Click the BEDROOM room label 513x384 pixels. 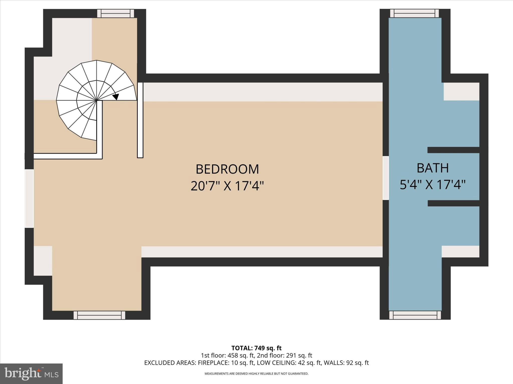(x=227, y=169)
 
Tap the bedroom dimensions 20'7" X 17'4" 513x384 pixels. (x=227, y=186)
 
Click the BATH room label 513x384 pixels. (x=433, y=168)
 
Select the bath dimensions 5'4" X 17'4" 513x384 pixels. (x=433, y=185)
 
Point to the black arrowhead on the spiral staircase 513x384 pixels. (x=116, y=96)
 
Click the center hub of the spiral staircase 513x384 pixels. (x=96, y=100)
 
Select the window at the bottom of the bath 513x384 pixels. (x=415, y=315)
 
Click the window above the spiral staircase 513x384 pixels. (x=115, y=13)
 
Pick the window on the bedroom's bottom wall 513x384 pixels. (x=99, y=315)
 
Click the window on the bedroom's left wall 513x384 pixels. (x=29, y=198)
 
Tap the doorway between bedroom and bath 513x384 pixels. (x=386, y=178)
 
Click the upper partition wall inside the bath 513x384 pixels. (x=453, y=150)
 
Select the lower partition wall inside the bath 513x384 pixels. (x=453, y=203)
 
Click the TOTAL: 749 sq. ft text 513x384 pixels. (x=256, y=348)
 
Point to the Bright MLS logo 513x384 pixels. (x=31, y=373)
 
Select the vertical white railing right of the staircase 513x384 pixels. (x=140, y=120)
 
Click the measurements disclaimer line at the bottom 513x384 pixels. (x=256, y=374)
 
